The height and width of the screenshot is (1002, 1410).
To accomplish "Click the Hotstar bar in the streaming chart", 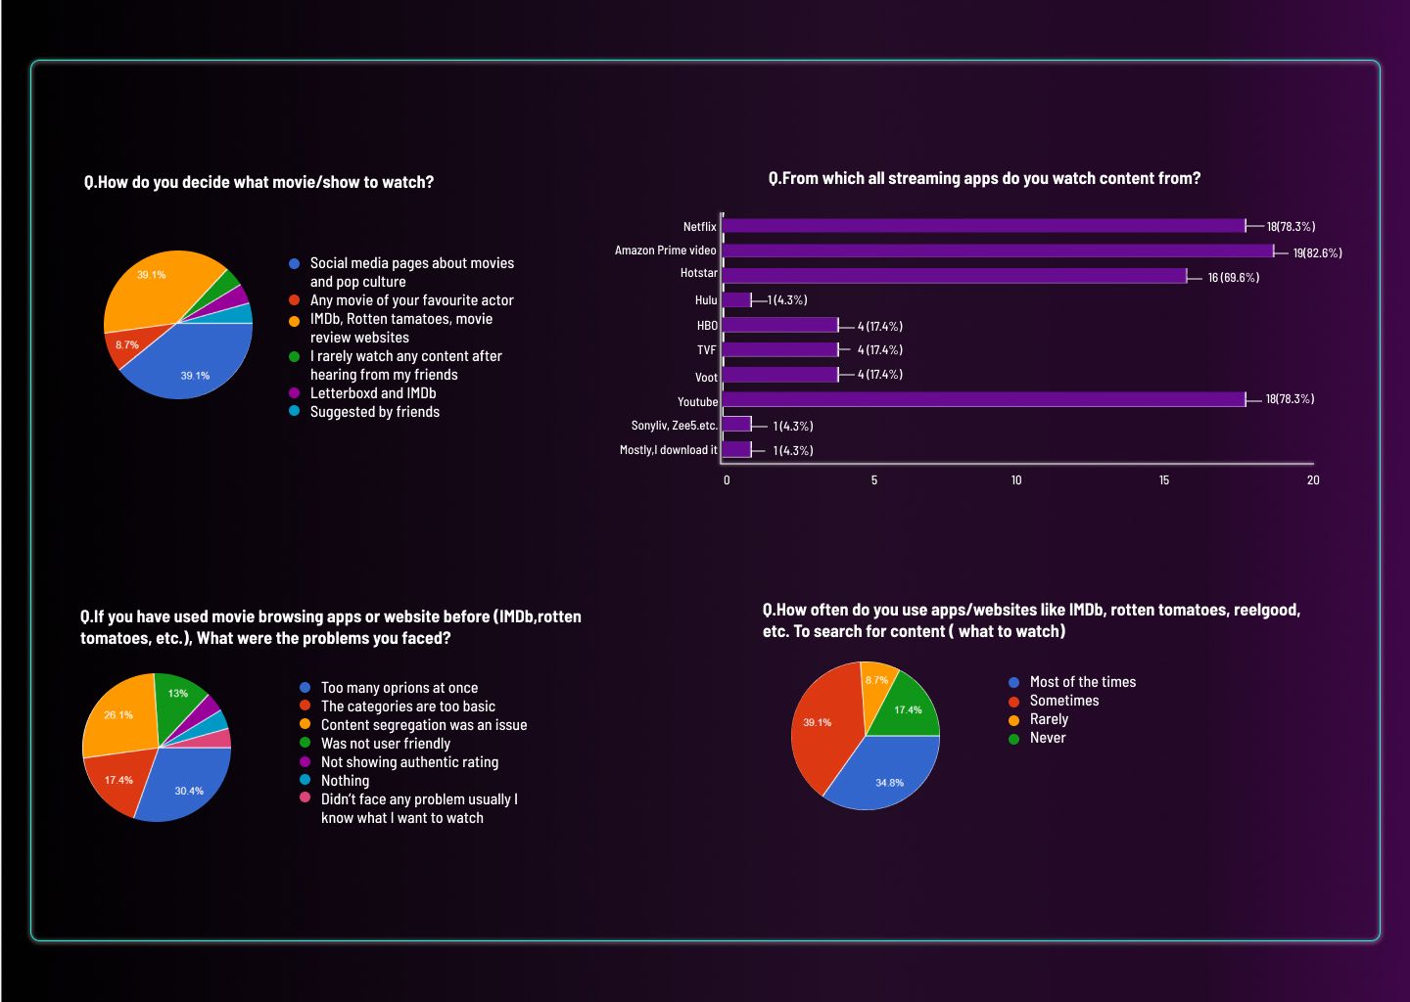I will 955,276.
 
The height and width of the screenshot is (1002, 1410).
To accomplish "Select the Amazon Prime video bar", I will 998,250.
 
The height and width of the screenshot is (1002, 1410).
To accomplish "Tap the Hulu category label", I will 706,300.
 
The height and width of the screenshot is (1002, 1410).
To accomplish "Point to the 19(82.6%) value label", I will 1317,253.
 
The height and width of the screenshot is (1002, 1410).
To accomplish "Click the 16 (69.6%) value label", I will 1233,278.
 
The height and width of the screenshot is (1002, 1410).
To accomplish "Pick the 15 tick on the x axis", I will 1164,480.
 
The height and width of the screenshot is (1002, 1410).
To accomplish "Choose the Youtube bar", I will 984,399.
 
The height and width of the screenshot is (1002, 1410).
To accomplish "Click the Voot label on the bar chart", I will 706,377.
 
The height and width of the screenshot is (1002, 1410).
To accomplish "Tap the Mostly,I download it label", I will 668,450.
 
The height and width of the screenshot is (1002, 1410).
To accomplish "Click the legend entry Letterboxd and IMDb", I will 372,393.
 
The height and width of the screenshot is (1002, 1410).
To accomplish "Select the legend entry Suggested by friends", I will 374,412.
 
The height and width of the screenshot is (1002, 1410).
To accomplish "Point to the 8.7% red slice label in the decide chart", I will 127,345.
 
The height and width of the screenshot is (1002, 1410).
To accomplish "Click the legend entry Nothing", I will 345,781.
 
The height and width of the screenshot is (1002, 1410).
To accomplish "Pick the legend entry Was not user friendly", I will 385,744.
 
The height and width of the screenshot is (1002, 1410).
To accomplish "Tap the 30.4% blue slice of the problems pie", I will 188,791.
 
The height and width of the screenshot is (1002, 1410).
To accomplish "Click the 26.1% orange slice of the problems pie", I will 118,715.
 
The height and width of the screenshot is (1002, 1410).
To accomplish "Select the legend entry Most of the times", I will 1082,682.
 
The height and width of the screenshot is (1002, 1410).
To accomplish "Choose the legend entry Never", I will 1047,738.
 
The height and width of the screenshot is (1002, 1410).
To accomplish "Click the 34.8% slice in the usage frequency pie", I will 889,782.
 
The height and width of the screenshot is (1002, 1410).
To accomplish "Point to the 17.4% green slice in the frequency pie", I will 908,710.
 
